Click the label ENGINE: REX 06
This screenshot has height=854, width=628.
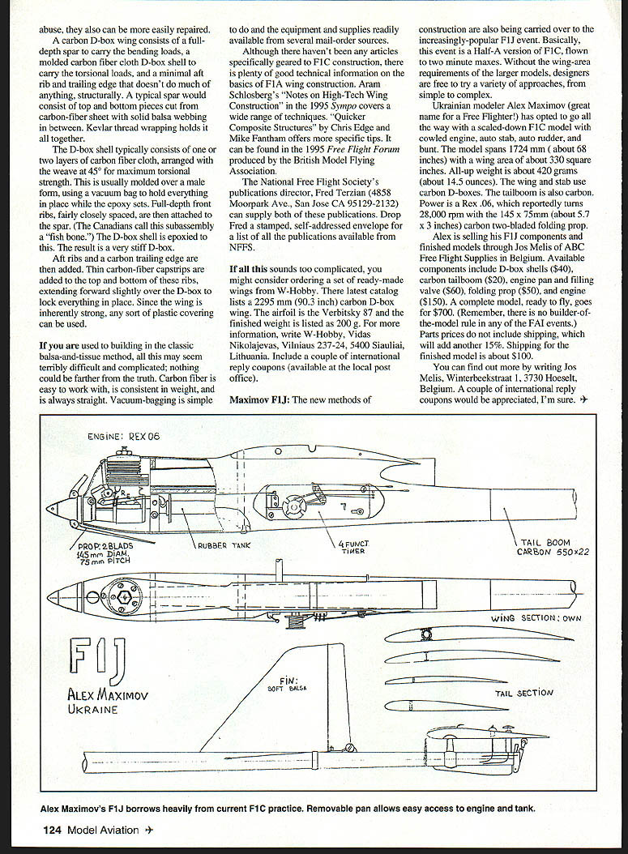coord(124,437)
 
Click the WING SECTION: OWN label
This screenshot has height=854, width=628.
coord(536,618)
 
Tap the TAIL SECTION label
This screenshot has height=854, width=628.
coord(524,694)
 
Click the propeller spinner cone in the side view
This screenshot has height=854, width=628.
coord(57,510)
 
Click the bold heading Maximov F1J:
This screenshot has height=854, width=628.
coord(263,400)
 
